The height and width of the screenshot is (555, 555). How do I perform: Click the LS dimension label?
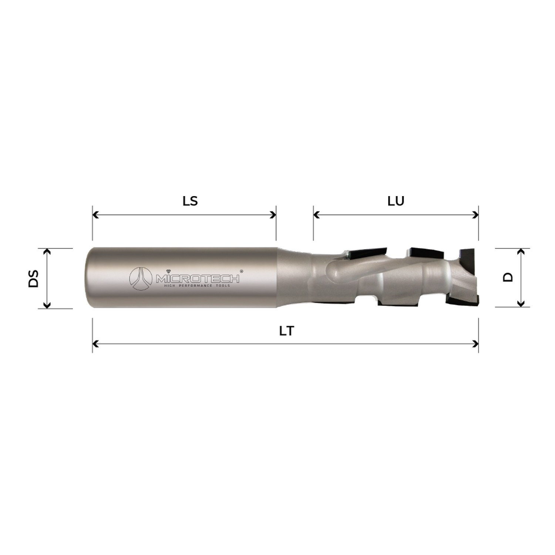[190, 201]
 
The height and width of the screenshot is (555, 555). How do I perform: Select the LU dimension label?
[396, 201]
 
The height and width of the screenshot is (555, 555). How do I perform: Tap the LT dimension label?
[286, 331]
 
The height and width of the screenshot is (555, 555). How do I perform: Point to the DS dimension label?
[34, 279]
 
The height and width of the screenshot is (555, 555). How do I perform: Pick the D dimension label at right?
[509, 277]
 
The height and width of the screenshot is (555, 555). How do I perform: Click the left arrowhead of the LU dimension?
[316, 215]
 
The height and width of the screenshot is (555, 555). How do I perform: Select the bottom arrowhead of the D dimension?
[521, 304]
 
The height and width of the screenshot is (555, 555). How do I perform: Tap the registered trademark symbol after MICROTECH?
[242, 271]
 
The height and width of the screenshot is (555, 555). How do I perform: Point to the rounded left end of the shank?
[88, 277]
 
